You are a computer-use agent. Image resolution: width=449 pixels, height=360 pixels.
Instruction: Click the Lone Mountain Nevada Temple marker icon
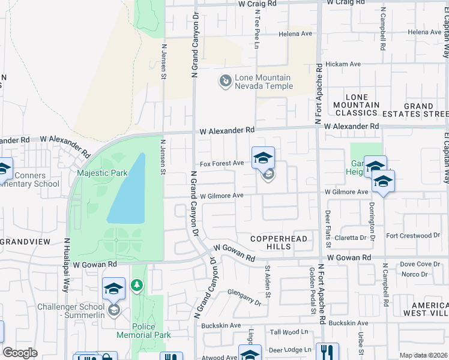click(x=225, y=80)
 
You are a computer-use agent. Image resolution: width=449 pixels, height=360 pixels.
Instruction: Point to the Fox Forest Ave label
click(x=221, y=163)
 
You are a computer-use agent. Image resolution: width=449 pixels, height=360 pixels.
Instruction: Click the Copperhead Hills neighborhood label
click(x=279, y=243)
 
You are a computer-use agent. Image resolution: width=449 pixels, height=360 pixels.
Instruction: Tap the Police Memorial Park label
click(x=143, y=331)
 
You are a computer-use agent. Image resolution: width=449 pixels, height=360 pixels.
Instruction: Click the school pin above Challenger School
click(x=113, y=289)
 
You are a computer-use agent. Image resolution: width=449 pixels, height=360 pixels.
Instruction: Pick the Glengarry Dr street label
click(x=244, y=297)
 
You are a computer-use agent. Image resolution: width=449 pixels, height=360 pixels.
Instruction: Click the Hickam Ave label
click(x=342, y=64)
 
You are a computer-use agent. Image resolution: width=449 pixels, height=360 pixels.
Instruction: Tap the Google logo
click(x=20, y=353)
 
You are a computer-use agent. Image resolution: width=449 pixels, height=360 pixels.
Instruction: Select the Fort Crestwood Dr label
click(x=417, y=236)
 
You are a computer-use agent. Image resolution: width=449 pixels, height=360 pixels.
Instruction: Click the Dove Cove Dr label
click(x=420, y=264)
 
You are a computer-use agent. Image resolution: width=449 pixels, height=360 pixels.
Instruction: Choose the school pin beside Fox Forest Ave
click(x=262, y=158)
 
